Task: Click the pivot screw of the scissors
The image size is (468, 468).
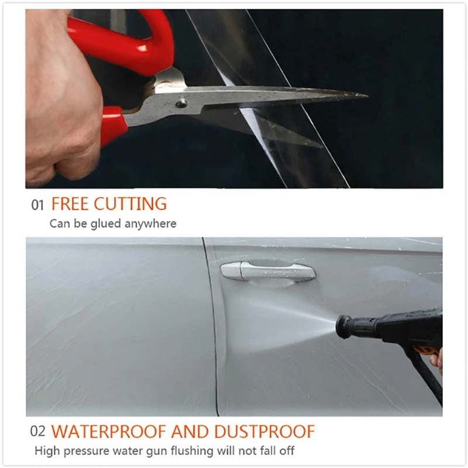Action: pos(182,104)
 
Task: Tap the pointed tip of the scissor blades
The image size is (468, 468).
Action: pos(367,95)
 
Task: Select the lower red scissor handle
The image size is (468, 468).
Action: pos(113,125)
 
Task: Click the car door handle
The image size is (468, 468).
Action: pos(268,271)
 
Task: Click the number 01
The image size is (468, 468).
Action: pos(37,205)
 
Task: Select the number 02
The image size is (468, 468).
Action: pos(37,431)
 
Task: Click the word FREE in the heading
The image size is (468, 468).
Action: pos(70,204)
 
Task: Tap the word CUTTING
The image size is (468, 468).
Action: pos(130,204)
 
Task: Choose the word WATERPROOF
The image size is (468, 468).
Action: pos(108,432)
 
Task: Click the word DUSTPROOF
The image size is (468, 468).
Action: pos(264,432)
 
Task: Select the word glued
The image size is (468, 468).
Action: pos(105,224)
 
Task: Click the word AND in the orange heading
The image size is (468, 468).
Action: pos(190,432)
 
